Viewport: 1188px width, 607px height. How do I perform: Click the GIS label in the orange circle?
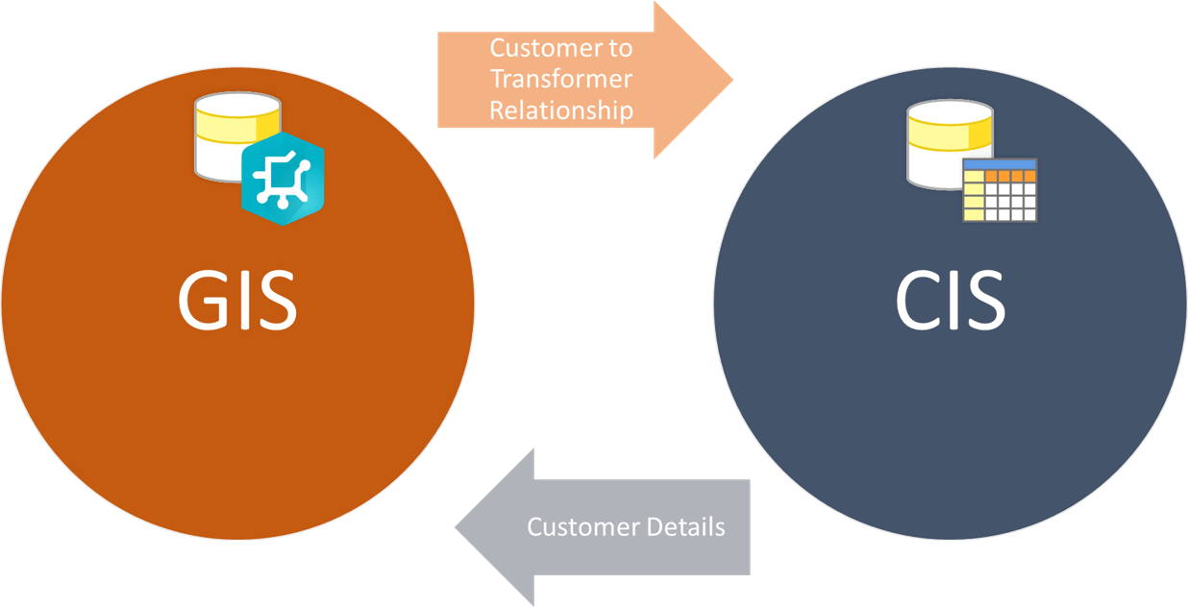(237, 301)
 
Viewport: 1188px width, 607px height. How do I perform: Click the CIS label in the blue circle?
(950, 301)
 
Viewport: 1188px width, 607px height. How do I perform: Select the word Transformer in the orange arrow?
(561, 79)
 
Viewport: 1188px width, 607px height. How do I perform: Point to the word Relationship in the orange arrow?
(561, 110)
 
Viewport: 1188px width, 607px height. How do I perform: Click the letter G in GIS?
(203, 301)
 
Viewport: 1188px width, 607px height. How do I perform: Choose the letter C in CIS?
(917, 301)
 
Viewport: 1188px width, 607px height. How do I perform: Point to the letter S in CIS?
(984, 301)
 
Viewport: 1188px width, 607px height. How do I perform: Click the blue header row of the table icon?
(1000, 165)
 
